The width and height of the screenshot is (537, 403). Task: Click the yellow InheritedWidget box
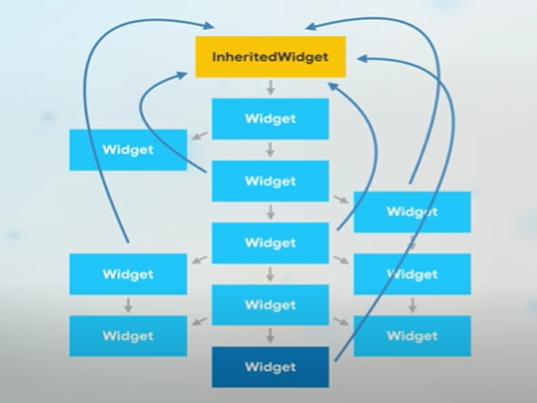(271, 57)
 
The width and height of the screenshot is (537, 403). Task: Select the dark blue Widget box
(271, 367)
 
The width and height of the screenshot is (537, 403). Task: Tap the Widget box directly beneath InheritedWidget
(271, 119)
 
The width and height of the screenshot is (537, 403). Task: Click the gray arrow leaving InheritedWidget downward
(271, 88)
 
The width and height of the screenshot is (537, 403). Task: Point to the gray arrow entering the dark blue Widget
(271, 336)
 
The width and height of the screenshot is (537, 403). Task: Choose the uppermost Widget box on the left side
(128, 150)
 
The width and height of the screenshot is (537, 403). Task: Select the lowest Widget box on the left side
(128, 336)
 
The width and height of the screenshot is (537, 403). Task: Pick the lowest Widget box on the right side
(412, 336)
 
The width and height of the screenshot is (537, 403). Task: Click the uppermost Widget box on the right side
(412, 212)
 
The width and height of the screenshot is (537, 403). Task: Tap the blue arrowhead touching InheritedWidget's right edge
(361, 59)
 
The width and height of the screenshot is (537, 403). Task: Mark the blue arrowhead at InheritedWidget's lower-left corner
(182, 76)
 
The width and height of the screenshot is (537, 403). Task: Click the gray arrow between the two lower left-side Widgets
(128, 305)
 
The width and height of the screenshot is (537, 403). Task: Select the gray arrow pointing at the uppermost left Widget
(199, 136)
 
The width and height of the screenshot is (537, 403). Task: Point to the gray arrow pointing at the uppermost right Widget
(341, 199)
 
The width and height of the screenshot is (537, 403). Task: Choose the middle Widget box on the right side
(412, 274)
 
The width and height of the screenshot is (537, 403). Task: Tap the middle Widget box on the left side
(128, 274)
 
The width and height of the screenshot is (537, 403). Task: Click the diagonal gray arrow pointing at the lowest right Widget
(341, 321)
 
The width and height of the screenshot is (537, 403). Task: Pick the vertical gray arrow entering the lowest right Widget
(412, 305)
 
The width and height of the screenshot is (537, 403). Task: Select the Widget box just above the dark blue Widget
(271, 305)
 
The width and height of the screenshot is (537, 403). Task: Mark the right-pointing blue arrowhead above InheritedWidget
(209, 26)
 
